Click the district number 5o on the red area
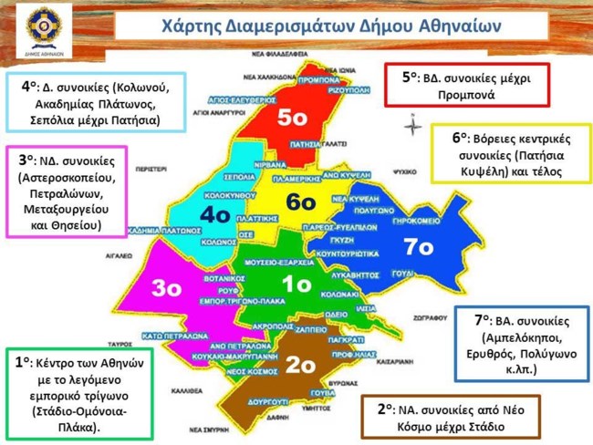pyautogui.click(x=298, y=118)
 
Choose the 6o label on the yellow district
pyautogui.click(x=299, y=202)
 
